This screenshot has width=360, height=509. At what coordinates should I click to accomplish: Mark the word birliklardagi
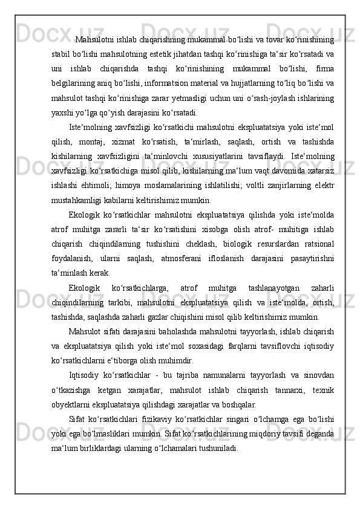[x=116, y=448]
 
